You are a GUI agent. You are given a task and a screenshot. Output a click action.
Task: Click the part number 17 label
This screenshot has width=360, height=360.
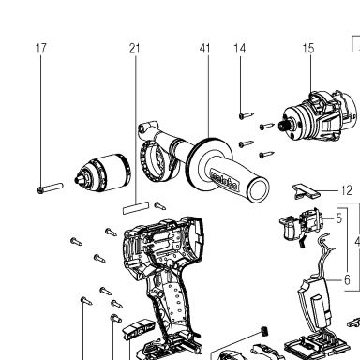(41, 49)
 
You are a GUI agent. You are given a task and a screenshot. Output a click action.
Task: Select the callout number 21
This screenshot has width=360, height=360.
(134, 49)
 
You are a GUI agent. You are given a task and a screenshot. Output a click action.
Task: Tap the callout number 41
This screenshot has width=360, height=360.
(205, 49)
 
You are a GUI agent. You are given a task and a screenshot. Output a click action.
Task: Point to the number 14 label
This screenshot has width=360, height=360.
(240, 49)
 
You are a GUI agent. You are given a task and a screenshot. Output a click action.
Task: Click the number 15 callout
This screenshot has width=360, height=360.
(308, 49)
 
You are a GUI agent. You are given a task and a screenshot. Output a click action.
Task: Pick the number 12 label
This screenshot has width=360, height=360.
(346, 190)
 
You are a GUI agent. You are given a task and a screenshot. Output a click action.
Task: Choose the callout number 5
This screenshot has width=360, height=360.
(339, 218)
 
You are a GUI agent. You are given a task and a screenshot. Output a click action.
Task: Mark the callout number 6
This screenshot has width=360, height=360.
(347, 279)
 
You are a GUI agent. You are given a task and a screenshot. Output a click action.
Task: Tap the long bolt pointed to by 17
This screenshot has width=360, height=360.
(50, 188)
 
